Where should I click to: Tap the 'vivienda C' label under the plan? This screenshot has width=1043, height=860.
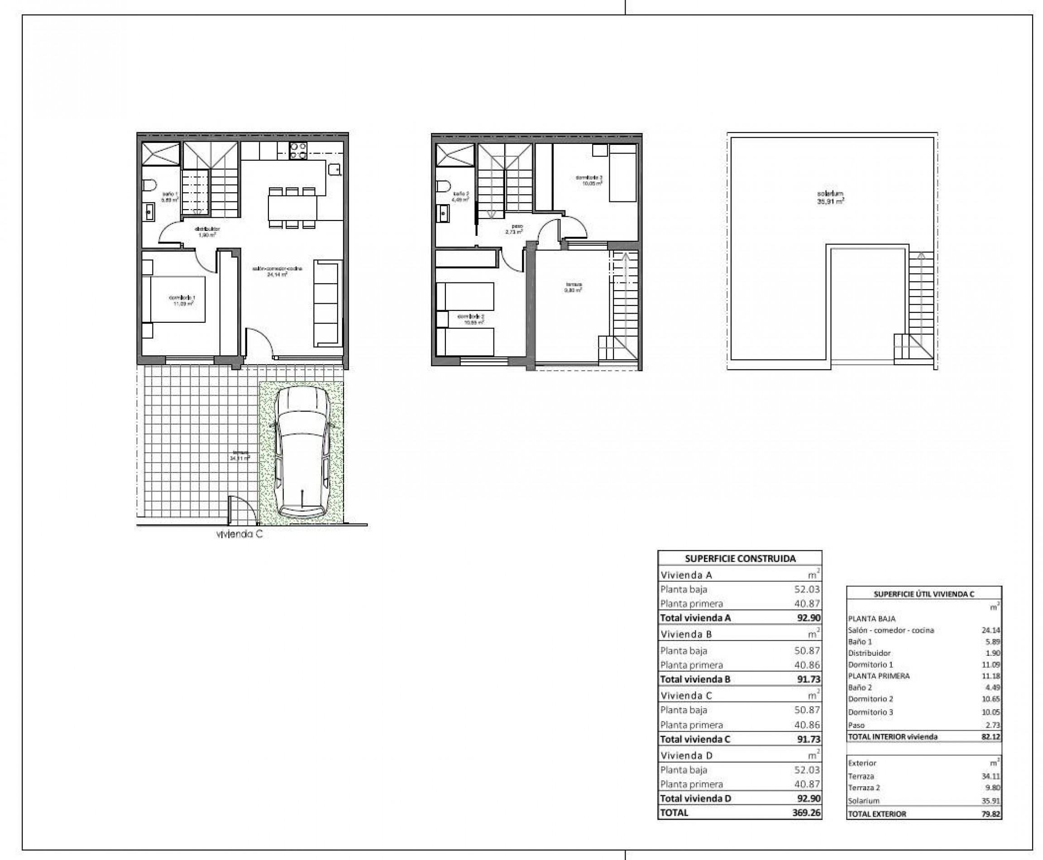[x=239, y=535]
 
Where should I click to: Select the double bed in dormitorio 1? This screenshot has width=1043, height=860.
[x=174, y=299]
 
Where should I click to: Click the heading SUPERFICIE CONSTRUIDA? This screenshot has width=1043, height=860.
[x=740, y=558]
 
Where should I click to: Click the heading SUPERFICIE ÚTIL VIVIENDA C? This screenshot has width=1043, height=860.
[x=923, y=594]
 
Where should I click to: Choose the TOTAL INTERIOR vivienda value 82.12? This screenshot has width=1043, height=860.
[x=990, y=736]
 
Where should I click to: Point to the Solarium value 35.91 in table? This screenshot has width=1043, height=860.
[x=990, y=801]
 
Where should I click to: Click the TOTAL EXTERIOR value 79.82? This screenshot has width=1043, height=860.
[x=990, y=813]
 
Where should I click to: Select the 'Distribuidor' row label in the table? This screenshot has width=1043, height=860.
[x=869, y=653]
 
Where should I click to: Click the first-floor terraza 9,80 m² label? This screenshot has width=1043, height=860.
[x=574, y=287]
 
